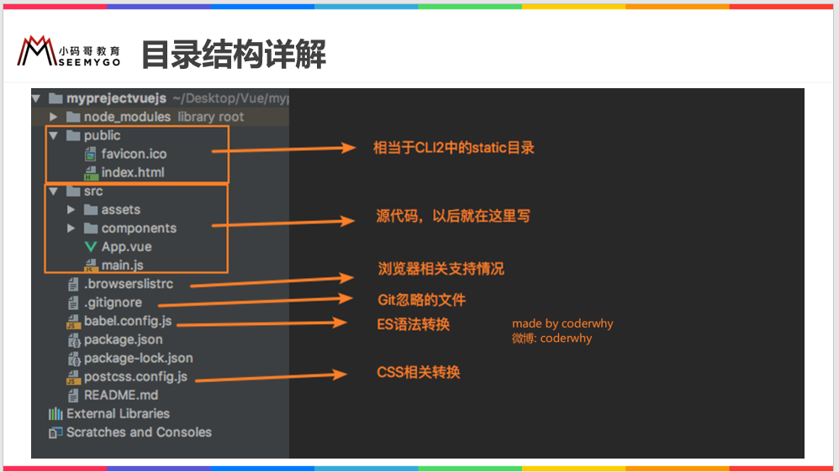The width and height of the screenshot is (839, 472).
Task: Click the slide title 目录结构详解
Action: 233,55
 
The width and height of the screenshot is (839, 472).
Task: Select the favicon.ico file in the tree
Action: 134,154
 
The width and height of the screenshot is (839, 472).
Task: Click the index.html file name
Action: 133,172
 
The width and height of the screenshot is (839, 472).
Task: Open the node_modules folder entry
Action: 127,117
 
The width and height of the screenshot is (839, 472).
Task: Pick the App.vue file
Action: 126,247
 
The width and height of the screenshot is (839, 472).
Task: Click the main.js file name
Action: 122,265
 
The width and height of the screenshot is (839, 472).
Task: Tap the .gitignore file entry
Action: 113,302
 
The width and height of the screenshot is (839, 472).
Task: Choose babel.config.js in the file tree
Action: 129,321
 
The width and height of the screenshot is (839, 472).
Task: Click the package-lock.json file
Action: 138,358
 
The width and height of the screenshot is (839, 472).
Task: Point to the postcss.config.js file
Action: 135,376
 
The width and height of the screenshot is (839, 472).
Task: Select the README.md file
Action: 120,395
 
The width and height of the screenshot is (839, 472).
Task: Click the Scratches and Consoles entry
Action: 139,432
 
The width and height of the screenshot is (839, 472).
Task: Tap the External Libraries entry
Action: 118,413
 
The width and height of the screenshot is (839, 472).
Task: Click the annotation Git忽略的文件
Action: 421,300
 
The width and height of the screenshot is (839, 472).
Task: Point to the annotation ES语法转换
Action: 413,324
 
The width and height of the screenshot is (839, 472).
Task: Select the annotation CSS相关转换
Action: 418,372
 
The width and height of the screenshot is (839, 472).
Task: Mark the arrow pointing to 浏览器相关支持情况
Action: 273,281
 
